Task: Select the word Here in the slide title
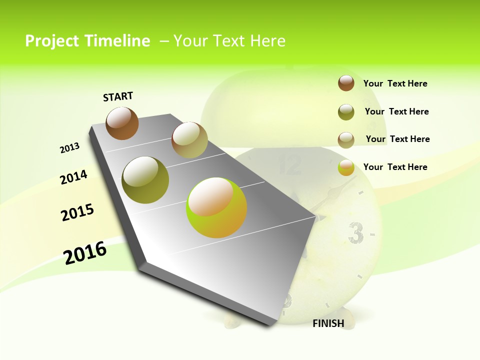coord(267,41)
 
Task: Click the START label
coord(118,96)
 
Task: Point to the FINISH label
coord(328,323)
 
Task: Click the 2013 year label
coord(69,148)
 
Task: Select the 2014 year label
coord(73,177)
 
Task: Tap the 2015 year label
coord(77,212)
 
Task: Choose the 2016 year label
coord(85,252)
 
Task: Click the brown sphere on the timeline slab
coord(122,123)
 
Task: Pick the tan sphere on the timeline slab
coord(189,140)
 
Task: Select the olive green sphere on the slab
coord(145,180)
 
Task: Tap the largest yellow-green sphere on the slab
coord(216,207)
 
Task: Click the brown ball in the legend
coord(346,83)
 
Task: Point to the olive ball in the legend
coord(346,112)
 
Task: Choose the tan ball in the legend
coord(346,140)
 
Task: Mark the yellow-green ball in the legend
coord(346,168)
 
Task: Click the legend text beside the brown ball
coord(395,83)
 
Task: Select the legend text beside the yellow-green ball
coord(395,167)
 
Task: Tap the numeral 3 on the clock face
coord(355,232)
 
